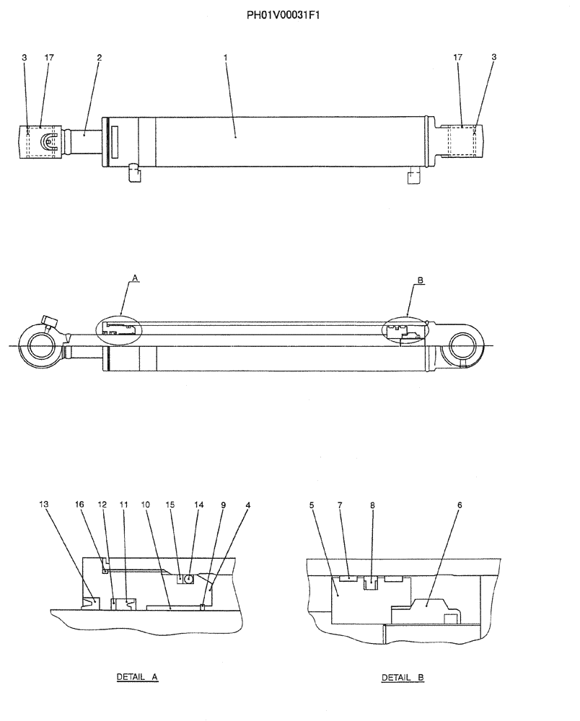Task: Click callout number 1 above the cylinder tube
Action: click(x=225, y=56)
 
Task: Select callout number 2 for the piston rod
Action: click(x=99, y=56)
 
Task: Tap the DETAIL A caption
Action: click(x=137, y=678)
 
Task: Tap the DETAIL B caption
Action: click(x=403, y=678)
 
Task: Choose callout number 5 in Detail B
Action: click(x=312, y=505)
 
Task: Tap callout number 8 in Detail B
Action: click(x=372, y=505)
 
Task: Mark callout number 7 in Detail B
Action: click(x=339, y=505)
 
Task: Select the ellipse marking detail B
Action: click(x=405, y=330)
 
